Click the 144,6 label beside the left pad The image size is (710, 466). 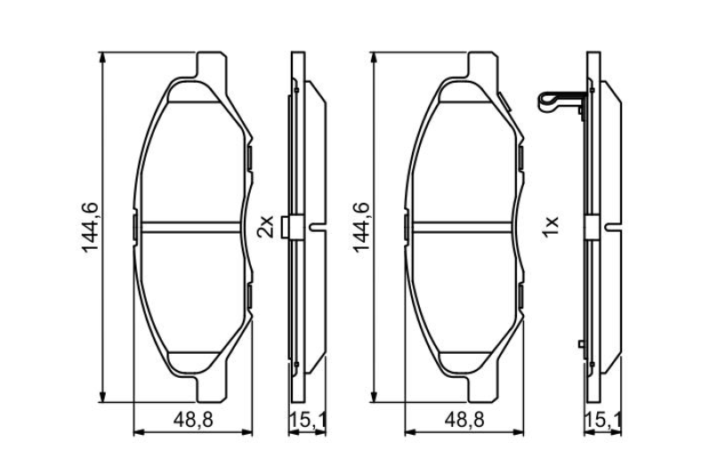click(x=90, y=227)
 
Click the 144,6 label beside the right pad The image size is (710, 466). click(x=361, y=227)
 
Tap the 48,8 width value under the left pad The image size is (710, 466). click(x=193, y=421)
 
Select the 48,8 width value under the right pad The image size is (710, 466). click(x=464, y=421)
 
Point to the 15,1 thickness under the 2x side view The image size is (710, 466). click(x=308, y=421)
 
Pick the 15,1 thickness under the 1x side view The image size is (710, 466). click(x=603, y=421)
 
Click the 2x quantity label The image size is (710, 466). click(x=266, y=227)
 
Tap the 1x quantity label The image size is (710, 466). click(x=551, y=227)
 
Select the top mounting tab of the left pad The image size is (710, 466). click(x=212, y=65)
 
